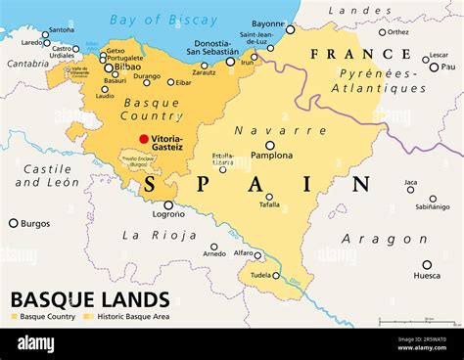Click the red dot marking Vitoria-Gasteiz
click(x=144, y=139)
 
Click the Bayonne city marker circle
click(x=290, y=29)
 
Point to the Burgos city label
click(x=36, y=223)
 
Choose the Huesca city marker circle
click(x=427, y=264)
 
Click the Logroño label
click(x=168, y=215)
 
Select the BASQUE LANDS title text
click(x=89, y=299)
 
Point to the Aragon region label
click(x=384, y=239)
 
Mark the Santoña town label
click(x=61, y=30)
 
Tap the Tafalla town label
click(x=268, y=203)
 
